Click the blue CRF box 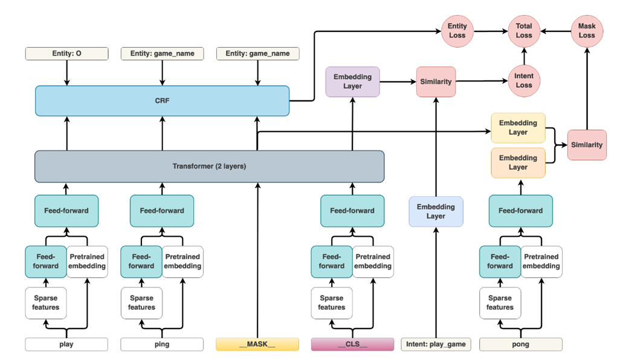tap(162, 100)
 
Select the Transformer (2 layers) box tap(209, 166)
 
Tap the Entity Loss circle tap(457, 31)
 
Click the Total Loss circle tap(523, 31)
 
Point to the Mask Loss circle tap(586, 31)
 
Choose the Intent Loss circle tap(523, 80)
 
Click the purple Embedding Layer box tap(352, 82)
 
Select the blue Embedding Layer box tap(436, 211)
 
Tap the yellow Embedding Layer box tap(518, 127)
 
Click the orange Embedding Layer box tap(518, 162)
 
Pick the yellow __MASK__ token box tap(257, 344)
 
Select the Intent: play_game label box tap(436, 344)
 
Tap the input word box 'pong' tap(520, 344)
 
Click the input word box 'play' tap(66, 344)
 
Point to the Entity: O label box tap(66, 54)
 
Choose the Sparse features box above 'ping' tap(141, 303)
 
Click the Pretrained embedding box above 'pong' tap(541, 262)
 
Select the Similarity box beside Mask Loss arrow tap(586, 145)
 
